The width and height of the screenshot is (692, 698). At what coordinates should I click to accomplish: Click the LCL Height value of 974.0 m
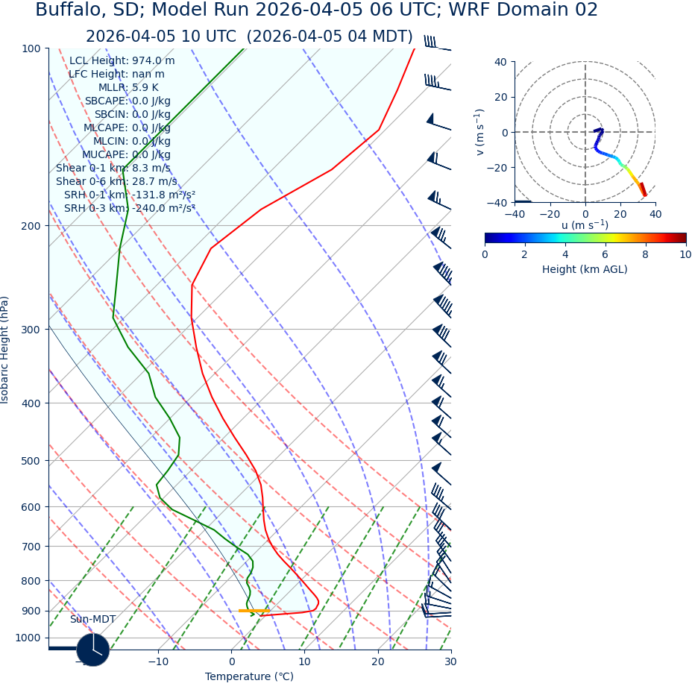[x=122, y=61]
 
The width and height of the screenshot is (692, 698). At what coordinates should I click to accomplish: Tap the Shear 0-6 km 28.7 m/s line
[x=116, y=182]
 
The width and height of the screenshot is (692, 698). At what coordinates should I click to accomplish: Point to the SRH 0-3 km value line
[x=129, y=209]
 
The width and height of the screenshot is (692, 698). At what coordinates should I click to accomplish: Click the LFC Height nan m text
[x=116, y=75]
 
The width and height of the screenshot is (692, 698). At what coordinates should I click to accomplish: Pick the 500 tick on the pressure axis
[x=31, y=461]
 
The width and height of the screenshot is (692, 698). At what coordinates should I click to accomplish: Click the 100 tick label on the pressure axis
[x=31, y=48]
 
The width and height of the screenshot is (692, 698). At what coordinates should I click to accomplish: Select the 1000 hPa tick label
[x=28, y=638]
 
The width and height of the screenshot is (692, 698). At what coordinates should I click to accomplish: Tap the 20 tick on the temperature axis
[x=377, y=661]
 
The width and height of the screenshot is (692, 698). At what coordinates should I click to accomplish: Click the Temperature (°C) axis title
[x=249, y=677]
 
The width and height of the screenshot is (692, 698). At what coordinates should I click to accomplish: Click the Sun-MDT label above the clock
[x=92, y=620]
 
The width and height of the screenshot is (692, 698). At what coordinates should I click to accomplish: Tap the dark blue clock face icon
[x=93, y=650]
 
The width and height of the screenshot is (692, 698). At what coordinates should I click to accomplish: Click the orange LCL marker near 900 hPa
[x=254, y=611]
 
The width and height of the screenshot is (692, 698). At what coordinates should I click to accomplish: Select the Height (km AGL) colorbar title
[x=585, y=270]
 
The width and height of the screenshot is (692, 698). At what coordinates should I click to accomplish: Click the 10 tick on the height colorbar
[x=685, y=255]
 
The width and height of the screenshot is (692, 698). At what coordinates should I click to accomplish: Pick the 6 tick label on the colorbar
[x=605, y=255]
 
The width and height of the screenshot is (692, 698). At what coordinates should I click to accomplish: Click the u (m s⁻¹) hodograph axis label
[x=585, y=225]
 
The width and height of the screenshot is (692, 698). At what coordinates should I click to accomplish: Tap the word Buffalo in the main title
[x=69, y=10]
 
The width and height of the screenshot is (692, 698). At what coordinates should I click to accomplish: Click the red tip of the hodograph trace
[x=644, y=192]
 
